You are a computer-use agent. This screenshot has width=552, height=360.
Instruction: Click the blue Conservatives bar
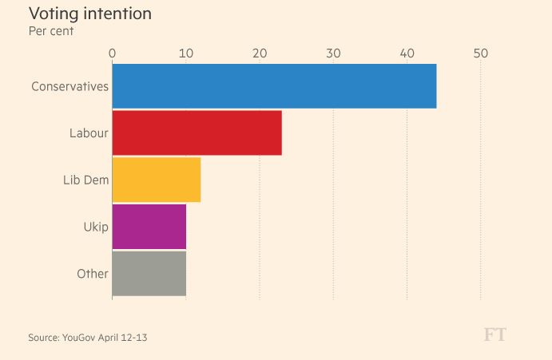pyautogui.click(x=274, y=85)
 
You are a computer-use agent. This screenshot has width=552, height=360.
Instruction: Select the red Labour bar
pyautogui.click(x=197, y=133)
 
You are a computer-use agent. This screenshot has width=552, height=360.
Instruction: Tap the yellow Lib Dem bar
pyautogui.click(x=157, y=180)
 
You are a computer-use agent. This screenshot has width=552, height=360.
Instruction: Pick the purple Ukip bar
pyautogui.click(x=149, y=227)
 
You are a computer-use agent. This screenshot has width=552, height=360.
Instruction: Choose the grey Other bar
pyautogui.click(x=149, y=274)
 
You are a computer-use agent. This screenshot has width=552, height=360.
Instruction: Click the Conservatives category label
pyautogui.click(x=69, y=86)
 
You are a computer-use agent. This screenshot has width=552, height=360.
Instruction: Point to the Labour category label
pyautogui.click(x=89, y=133)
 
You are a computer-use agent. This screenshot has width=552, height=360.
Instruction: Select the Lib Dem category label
pyautogui.click(x=85, y=180)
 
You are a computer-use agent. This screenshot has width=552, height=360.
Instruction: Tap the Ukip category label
pyautogui.click(x=96, y=227)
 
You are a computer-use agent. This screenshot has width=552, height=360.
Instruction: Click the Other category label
pyautogui.click(x=93, y=274)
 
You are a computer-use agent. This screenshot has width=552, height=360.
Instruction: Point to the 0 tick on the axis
pyautogui.click(x=112, y=53)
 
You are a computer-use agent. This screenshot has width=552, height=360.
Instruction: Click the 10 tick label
pyautogui.click(x=185, y=53)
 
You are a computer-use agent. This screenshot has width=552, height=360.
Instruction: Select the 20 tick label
pyautogui.click(x=260, y=53)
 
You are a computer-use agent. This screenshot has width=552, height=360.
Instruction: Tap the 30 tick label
pyautogui.click(x=333, y=53)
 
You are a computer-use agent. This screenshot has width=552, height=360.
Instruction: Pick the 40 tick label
pyautogui.click(x=407, y=53)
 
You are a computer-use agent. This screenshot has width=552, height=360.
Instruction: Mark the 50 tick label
pyautogui.click(x=480, y=53)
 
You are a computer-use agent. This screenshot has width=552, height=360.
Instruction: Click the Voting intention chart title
pyautogui.click(x=89, y=14)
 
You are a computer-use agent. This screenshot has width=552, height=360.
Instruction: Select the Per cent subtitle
pyautogui.click(x=51, y=31)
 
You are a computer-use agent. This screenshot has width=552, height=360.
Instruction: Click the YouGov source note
pyautogui.click(x=88, y=338)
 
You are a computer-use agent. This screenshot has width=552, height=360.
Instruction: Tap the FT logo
pyautogui.click(x=494, y=334)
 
